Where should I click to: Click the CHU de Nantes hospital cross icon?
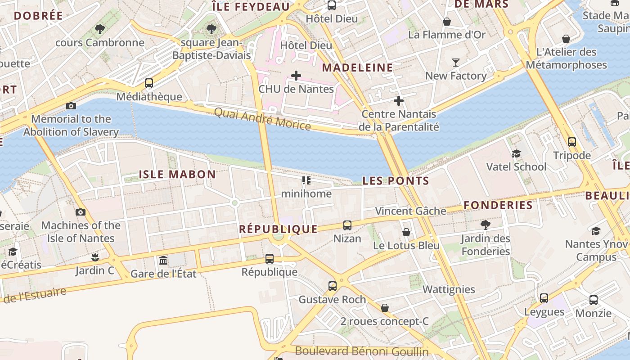[296, 75]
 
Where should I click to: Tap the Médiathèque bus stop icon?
[149, 83]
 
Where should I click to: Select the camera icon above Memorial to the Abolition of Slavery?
[71, 106]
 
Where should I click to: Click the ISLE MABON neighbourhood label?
[177, 175]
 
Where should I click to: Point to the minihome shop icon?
[306, 181]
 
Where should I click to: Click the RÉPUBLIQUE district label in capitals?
[278, 229]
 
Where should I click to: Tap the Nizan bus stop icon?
[347, 225]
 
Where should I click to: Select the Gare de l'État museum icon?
[163, 260]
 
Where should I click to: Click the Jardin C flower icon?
[95, 257]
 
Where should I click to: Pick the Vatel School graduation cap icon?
[516, 153]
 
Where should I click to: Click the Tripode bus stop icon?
[572, 142]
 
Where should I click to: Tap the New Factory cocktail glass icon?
[456, 63]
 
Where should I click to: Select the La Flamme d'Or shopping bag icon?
[447, 22]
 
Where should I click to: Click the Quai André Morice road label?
[262, 119]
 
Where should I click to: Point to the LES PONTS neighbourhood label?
[396, 181]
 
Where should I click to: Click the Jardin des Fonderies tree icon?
[485, 225]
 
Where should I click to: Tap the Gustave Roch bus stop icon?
[333, 286]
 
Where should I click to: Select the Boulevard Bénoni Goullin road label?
[362, 351]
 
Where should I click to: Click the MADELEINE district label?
[358, 68]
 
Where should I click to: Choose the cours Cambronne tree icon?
[100, 30]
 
